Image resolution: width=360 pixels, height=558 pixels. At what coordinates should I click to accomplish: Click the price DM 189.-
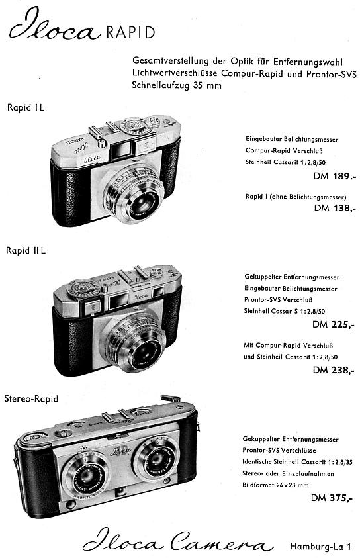coord(334,176)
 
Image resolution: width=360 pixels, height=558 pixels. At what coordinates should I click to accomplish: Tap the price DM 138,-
coord(335,208)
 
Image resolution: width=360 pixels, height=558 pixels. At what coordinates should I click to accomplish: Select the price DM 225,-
coord(334,324)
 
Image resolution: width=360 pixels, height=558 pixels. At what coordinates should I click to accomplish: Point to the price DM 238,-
coord(334,370)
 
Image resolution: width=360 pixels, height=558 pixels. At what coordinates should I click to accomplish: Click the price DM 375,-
coord(332,498)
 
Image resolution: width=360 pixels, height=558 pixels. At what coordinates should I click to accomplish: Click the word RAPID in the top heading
coord(130,32)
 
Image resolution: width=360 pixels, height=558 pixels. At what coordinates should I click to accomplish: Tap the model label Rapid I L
coord(26,107)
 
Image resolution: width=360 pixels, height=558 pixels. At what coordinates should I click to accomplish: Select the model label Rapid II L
coord(26,250)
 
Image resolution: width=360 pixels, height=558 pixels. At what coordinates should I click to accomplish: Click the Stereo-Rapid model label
coord(31,399)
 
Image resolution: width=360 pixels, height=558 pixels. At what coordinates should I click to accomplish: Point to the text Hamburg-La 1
coord(320,546)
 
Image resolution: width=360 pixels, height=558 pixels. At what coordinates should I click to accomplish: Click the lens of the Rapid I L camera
coord(143,203)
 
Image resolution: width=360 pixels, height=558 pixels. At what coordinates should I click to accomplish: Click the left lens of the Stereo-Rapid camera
coord(88,476)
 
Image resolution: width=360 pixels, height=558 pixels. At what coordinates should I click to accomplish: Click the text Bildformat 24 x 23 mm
coord(275,485)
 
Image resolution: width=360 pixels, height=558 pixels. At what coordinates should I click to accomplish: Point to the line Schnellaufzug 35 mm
coord(177,85)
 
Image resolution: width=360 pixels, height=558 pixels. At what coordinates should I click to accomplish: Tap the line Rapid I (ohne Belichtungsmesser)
coord(296,197)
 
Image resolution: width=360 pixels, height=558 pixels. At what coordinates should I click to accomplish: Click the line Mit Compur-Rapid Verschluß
coord(288,345)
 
